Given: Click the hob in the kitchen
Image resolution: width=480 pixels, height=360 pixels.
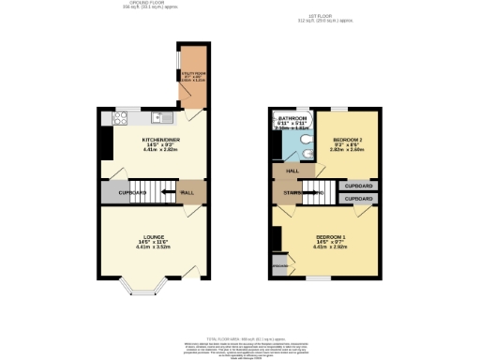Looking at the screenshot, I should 119,118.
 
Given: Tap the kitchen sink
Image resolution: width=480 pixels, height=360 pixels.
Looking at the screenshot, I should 164,118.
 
